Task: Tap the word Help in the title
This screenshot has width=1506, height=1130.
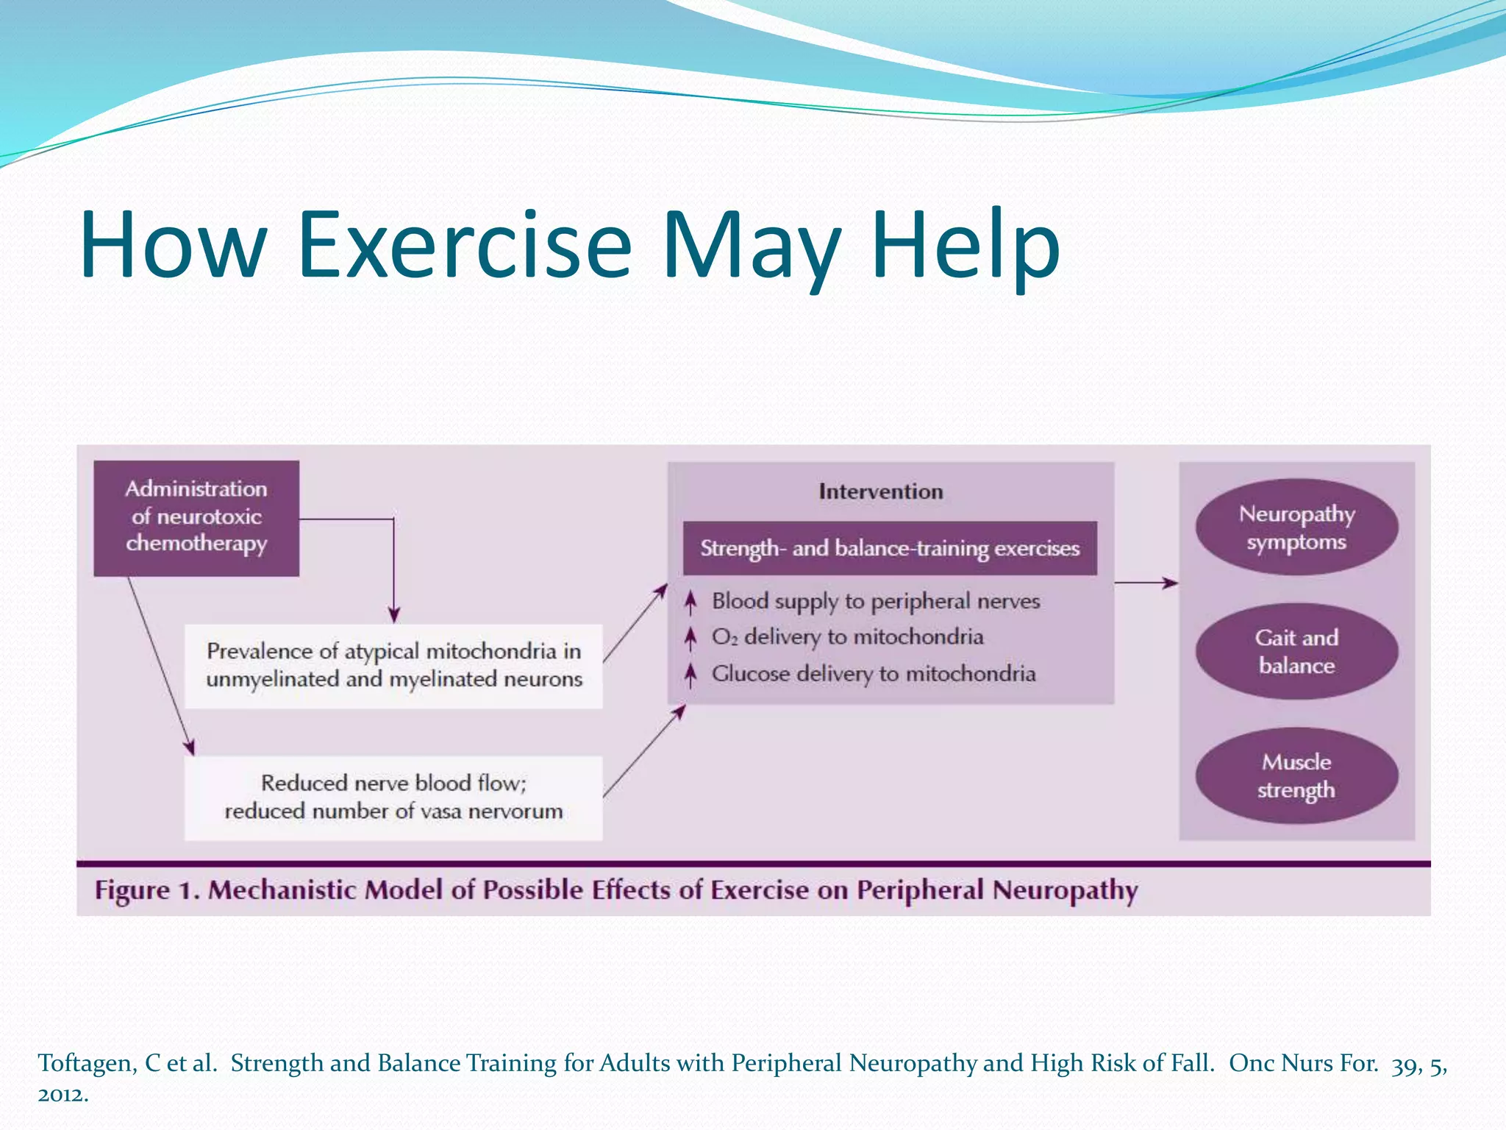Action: pyautogui.click(x=965, y=244)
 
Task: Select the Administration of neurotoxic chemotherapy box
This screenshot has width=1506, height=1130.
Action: pyautogui.click(x=196, y=518)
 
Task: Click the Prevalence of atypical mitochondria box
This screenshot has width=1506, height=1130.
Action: pyautogui.click(x=393, y=666)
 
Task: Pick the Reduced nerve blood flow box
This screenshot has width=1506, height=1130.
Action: pyautogui.click(x=393, y=797)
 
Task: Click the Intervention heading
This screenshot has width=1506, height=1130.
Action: pyautogui.click(x=880, y=491)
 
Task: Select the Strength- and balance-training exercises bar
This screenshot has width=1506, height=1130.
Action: pyautogui.click(x=890, y=549)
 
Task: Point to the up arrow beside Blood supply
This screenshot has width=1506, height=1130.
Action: pyautogui.click(x=690, y=603)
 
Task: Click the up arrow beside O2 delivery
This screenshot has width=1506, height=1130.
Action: pyautogui.click(x=690, y=638)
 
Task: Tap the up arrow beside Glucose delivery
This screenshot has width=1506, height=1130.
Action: pyautogui.click(x=690, y=675)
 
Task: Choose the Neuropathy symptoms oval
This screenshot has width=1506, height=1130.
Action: pyautogui.click(x=1296, y=527)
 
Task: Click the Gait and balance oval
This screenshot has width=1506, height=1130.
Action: pyautogui.click(x=1296, y=651)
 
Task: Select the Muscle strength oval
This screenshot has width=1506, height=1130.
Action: pyautogui.click(x=1296, y=775)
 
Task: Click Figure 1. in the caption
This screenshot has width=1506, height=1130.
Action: pyautogui.click(x=146, y=890)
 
